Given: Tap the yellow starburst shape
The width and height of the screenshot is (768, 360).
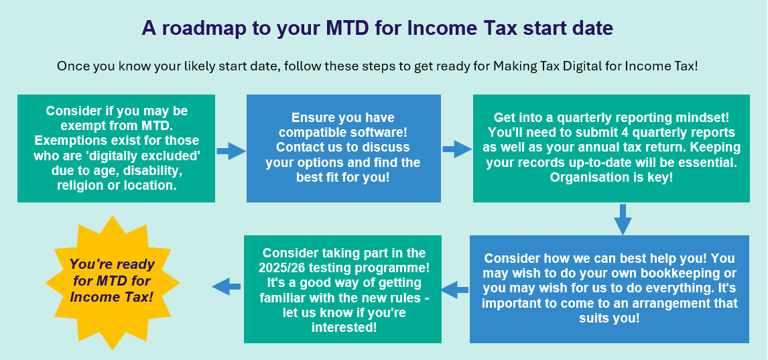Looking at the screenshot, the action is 113,283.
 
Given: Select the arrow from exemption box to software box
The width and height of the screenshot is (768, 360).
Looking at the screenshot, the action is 231,152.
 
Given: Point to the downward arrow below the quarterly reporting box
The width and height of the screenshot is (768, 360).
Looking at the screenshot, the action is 623,219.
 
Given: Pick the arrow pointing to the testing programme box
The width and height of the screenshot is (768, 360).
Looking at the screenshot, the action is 455,290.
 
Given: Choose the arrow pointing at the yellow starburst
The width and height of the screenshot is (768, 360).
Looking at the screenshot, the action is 227,286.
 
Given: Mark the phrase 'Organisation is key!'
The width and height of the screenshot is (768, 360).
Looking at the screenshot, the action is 611,177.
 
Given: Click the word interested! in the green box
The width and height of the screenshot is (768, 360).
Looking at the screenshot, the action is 344,327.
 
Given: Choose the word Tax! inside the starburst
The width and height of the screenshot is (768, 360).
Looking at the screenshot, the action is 137,297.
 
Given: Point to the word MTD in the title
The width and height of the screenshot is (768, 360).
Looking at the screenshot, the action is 348,28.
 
